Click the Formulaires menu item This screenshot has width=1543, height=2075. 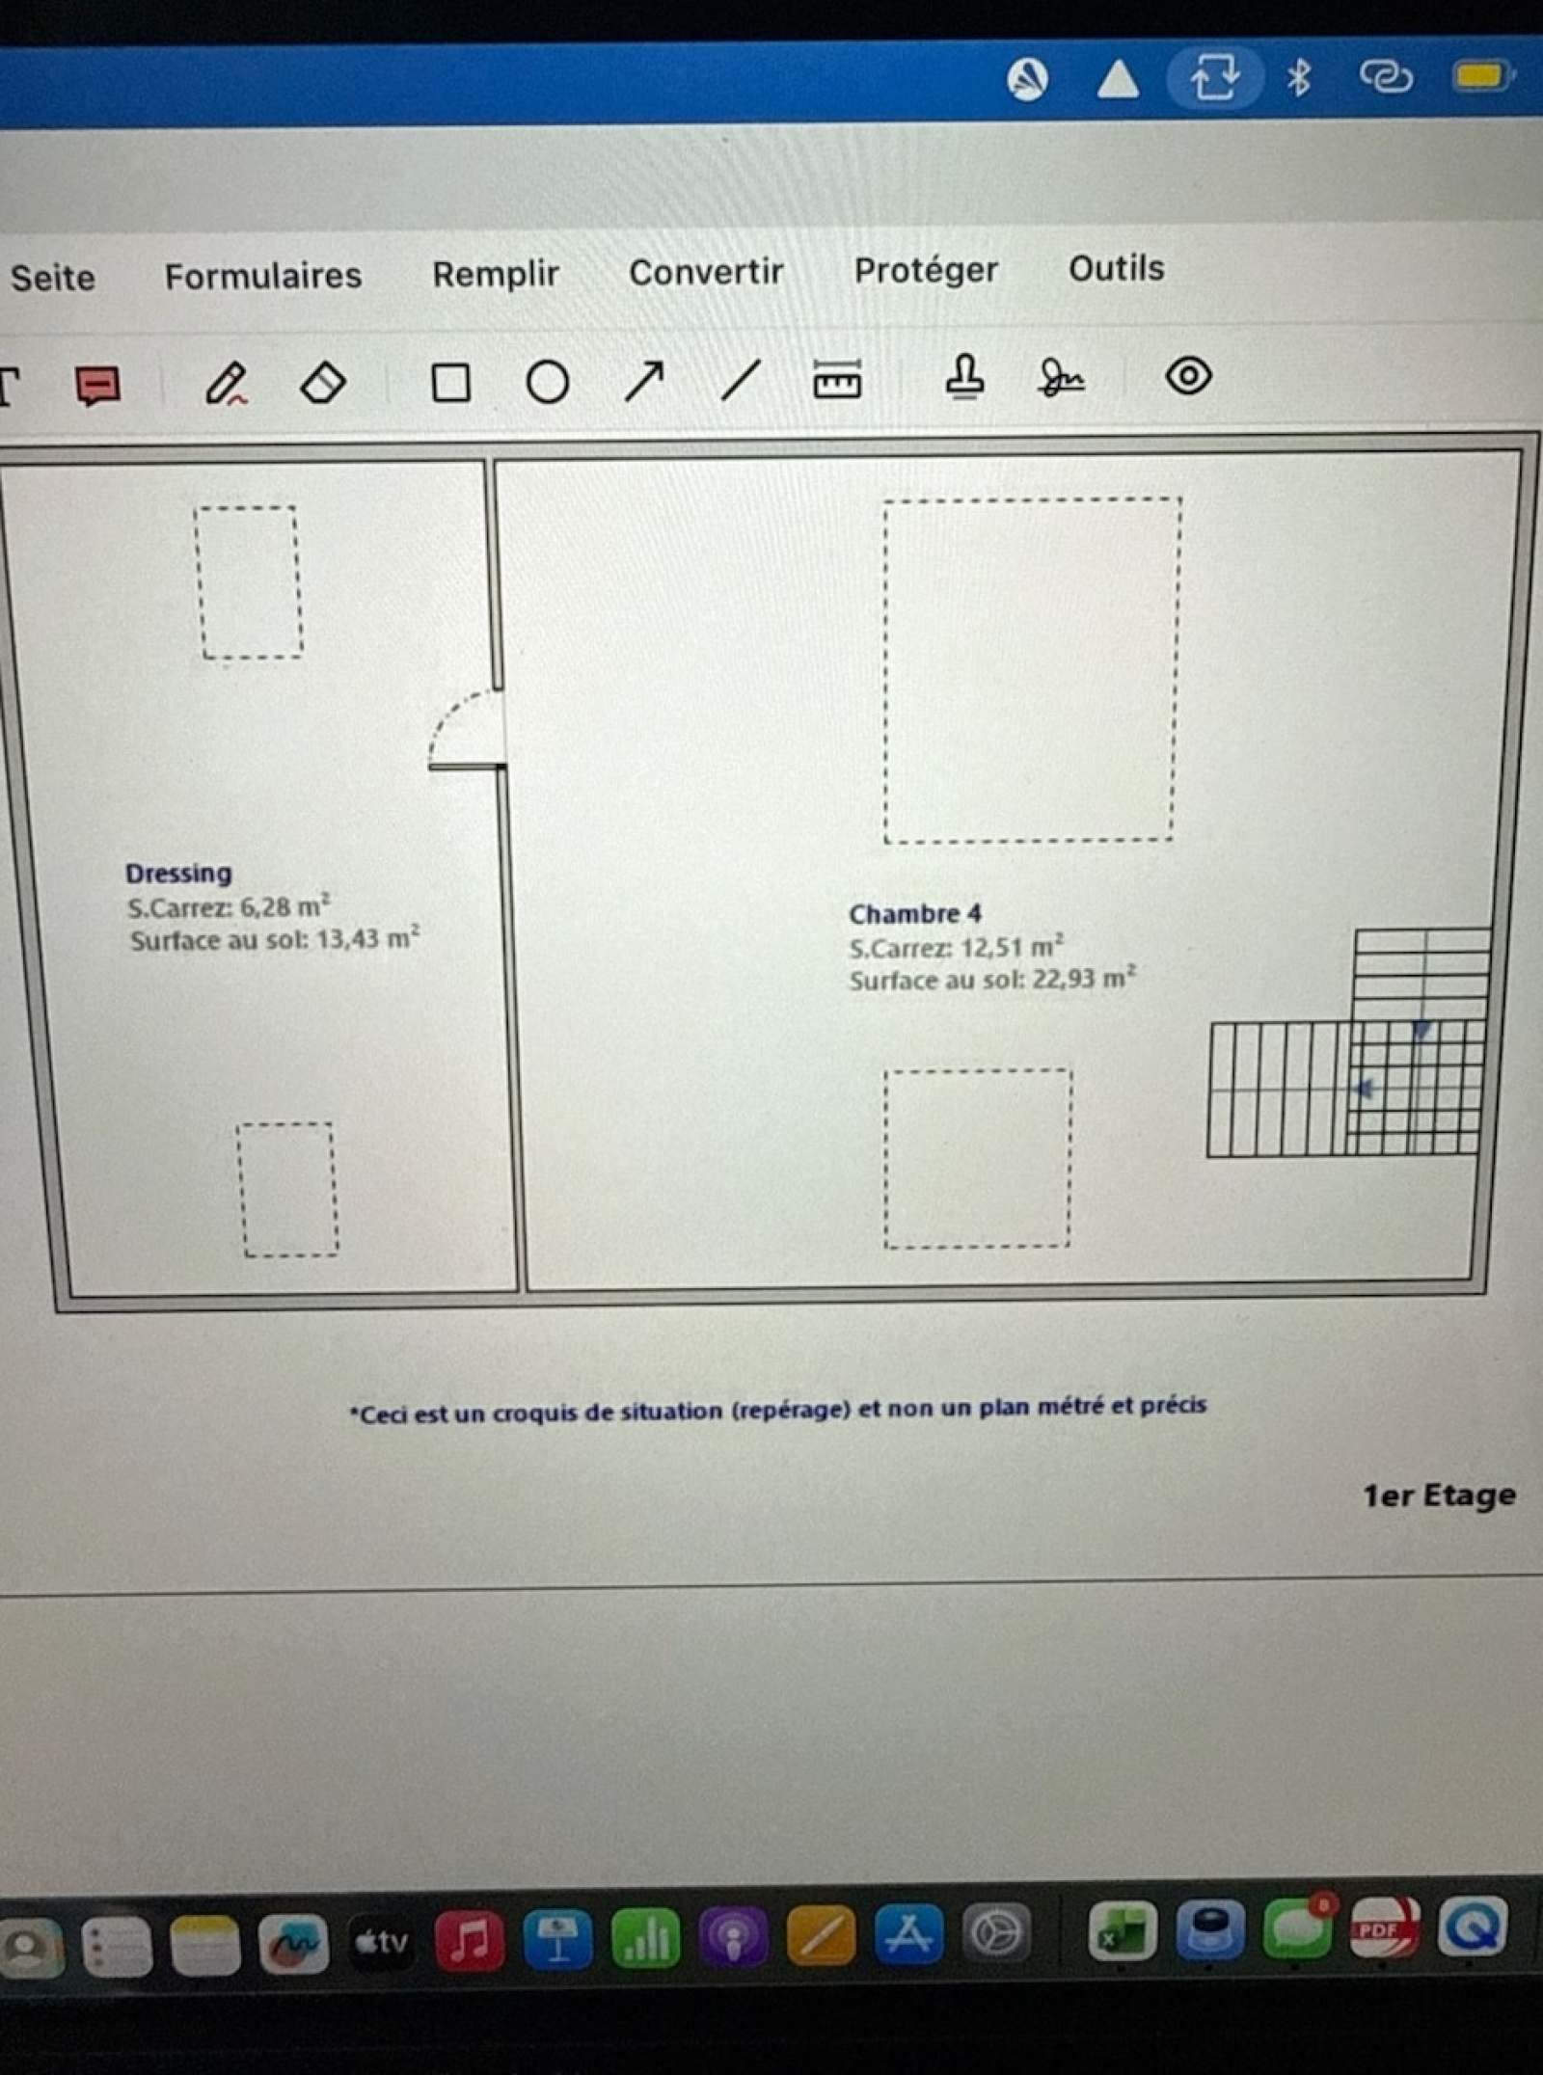pyautogui.click(x=263, y=277)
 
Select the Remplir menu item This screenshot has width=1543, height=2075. pyautogui.click(x=496, y=275)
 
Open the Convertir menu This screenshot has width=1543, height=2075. pyautogui.click(x=706, y=272)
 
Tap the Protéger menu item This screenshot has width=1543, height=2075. pyautogui.click(x=926, y=270)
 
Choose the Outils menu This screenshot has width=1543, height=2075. pyautogui.click(x=1116, y=268)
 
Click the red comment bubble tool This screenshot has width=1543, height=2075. pyautogui.click(x=97, y=386)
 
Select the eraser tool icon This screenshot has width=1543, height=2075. pyautogui.click(x=323, y=383)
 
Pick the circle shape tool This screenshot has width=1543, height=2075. pyautogui.click(x=548, y=382)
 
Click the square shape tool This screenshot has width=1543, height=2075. pyautogui.click(x=450, y=383)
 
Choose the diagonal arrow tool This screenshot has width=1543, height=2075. pyautogui.click(x=644, y=381)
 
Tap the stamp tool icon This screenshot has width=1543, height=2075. pyautogui.click(x=964, y=376)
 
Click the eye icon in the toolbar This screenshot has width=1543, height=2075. pyautogui.click(x=1188, y=375)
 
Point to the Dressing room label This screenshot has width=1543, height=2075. pyautogui.click(x=178, y=874)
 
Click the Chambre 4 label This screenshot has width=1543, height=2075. pyautogui.click(x=915, y=914)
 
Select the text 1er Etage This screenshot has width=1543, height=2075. pyautogui.click(x=1439, y=1496)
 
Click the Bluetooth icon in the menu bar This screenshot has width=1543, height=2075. pyautogui.click(x=1299, y=77)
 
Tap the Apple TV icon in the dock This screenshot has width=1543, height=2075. pyautogui.click(x=382, y=1941)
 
